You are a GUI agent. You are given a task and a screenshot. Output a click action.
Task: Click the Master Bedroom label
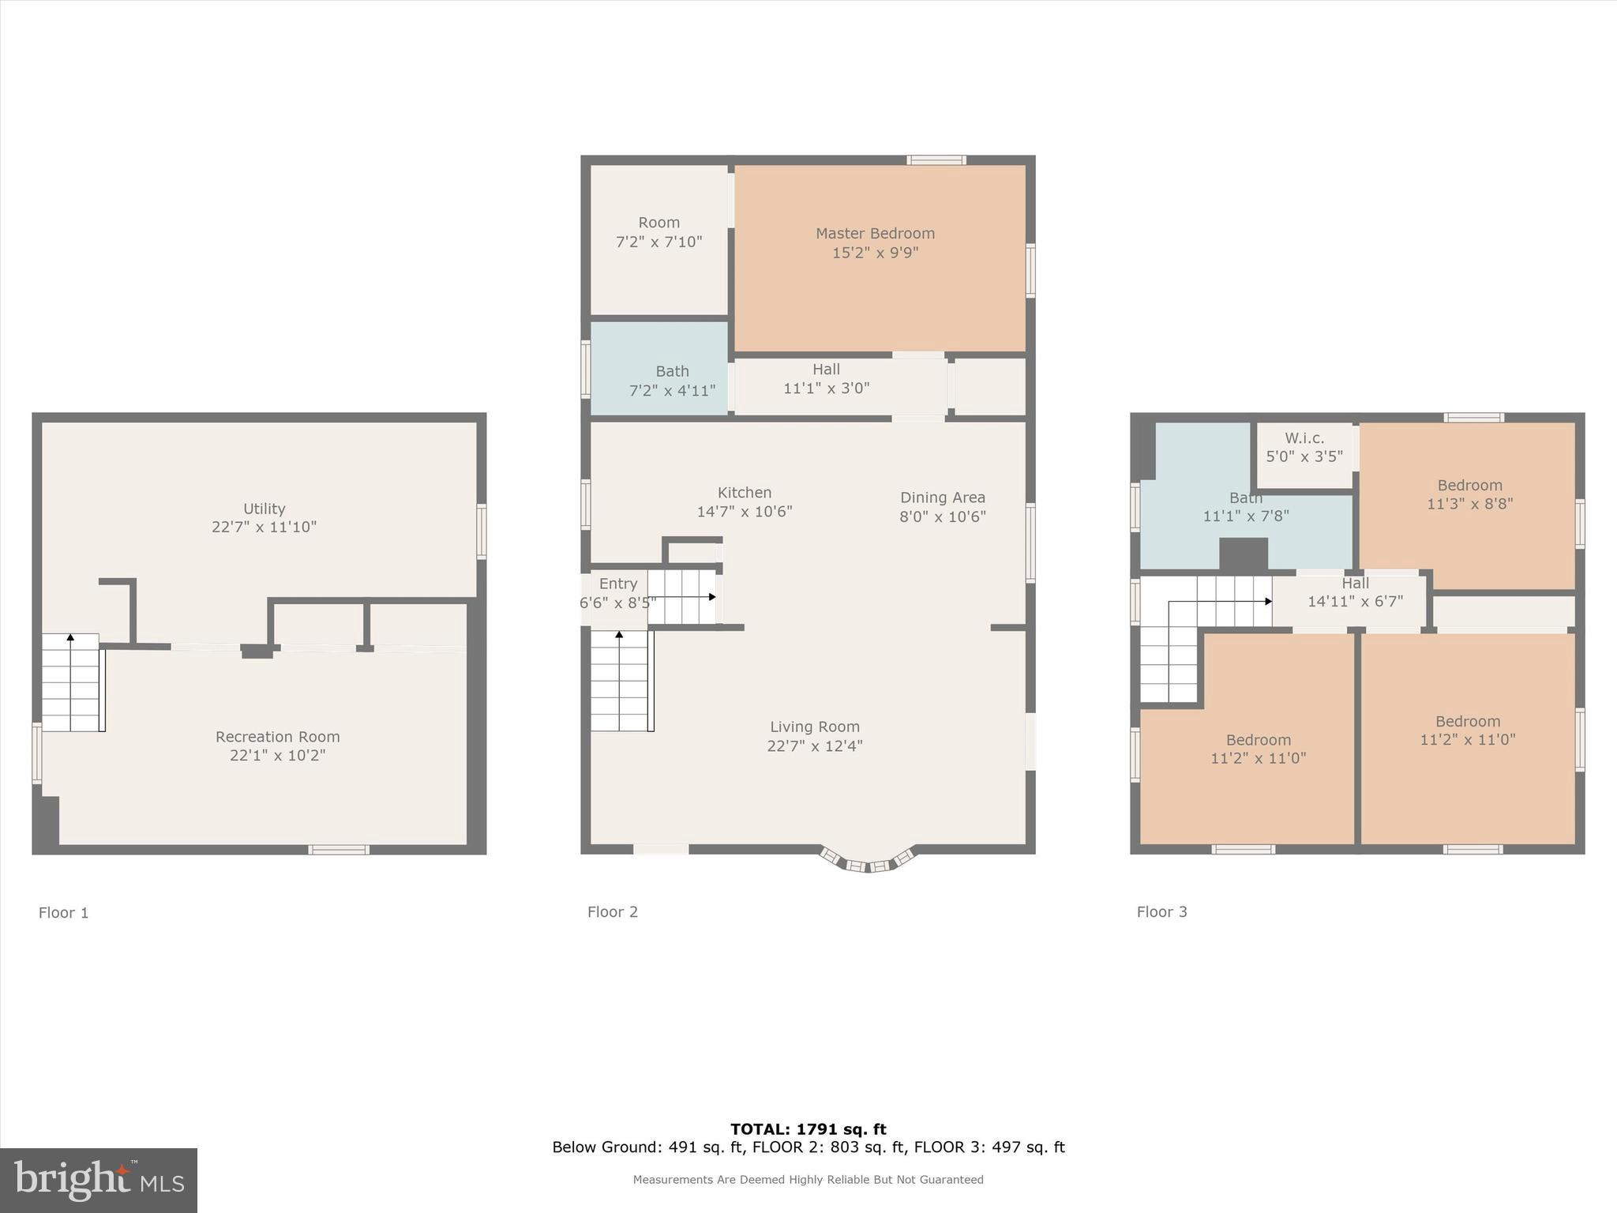coord(875,234)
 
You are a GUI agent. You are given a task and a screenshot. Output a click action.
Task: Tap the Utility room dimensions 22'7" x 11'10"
coord(264,527)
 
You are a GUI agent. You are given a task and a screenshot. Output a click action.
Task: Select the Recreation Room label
coord(278,737)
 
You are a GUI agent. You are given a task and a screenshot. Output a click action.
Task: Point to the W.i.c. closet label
coord(1304,438)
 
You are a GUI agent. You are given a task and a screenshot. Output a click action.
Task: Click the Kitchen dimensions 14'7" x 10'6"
coord(744,512)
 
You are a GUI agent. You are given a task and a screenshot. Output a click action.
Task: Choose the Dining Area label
coord(943,498)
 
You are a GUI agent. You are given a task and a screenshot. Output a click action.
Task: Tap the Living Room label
coord(815,727)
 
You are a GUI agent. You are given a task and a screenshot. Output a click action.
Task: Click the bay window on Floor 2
coord(868,862)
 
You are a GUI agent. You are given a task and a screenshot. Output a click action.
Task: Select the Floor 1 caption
coord(64,913)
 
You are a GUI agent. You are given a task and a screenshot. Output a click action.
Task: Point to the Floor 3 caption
coord(1161,912)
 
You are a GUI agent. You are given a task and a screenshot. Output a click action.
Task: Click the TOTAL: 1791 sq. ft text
coord(808,1129)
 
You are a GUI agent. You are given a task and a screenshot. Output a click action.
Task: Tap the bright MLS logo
coord(99,1181)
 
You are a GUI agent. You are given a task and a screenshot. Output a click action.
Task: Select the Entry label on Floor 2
coord(617,584)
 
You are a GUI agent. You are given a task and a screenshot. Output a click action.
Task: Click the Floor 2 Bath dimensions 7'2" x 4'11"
coord(672,391)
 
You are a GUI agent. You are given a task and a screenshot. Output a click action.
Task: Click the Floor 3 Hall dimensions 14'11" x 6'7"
coord(1355,602)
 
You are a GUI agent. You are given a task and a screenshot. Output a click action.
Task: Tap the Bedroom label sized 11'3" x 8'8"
coord(1469,486)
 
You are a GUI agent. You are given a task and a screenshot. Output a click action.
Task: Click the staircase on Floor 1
coord(71,684)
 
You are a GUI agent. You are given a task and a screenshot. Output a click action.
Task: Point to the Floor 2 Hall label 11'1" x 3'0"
coord(826,370)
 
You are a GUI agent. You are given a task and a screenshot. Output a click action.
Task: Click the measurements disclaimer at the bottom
coord(808,1180)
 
